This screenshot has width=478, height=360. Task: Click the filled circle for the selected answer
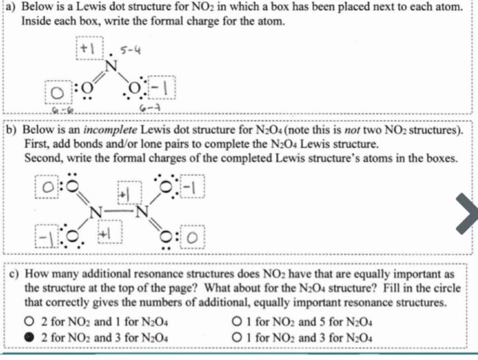click(x=29, y=337)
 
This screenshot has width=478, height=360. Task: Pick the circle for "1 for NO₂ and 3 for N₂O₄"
click(x=237, y=337)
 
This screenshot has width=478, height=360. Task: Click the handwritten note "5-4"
click(x=130, y=49)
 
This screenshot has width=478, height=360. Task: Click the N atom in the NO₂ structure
click(x=111, y=66)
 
